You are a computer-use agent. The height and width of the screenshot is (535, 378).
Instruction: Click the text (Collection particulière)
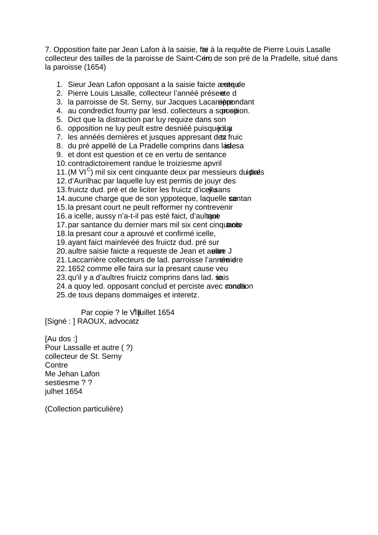[x=84, y=409]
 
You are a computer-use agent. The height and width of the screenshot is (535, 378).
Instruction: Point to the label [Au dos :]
[x=61, y=339]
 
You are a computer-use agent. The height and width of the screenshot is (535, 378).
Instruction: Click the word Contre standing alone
[x=56, y=365]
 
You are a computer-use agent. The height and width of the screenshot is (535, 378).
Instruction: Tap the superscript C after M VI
[x=89, y=170]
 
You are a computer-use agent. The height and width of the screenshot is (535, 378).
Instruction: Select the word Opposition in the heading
[x=72, y=50]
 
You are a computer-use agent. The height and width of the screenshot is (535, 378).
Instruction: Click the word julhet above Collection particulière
[x=54, y=392]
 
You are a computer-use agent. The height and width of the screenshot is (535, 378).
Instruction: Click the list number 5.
[x=60, y=120]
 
